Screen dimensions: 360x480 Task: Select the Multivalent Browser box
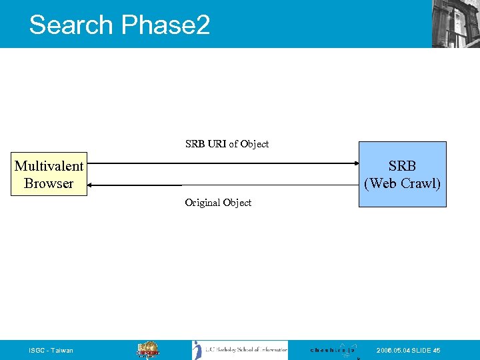(x=49, y=175)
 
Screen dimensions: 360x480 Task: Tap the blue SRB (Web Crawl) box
(x=403, y=174)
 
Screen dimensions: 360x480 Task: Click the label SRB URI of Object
(x=227, y=144)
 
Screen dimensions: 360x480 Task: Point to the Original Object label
(x=218, y=203)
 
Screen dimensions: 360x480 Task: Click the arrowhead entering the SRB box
(x=355, y=163)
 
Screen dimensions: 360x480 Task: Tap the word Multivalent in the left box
(x=49, y=166)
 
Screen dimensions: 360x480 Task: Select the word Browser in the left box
(x=49, y=183)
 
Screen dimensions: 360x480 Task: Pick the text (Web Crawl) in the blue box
(x=403, y=183)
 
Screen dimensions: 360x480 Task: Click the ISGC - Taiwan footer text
(x=51, y=351)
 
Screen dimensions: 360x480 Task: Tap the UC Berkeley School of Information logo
(x=240, y=350)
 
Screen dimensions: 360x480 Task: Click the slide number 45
(x=436, y=351)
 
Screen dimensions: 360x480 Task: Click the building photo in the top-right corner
(x=455, y=24)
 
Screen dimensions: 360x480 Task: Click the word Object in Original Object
(x=237, y=203)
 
